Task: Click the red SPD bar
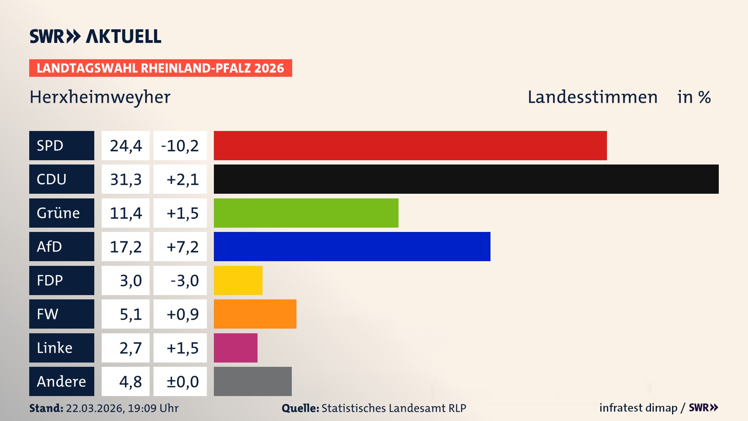[x=410, y=145]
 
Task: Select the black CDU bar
[x=466, y=179]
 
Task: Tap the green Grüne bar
[x=306, y=213]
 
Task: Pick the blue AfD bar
[x=352, y=246]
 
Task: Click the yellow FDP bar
[x=238, y=280]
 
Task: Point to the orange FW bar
[x=255, y=314]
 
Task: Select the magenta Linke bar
[x=235, y=348]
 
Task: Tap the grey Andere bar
[x=252, y=381]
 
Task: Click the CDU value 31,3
[x=125, y=179]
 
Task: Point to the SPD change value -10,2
[x=180, y=145]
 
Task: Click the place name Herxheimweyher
[x=100, y=97]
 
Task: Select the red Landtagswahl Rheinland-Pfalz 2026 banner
[x=161, y=68]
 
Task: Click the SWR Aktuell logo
[x=95, y=36]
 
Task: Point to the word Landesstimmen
[x=592, y=97]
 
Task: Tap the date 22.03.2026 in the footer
[x=95, y=408]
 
